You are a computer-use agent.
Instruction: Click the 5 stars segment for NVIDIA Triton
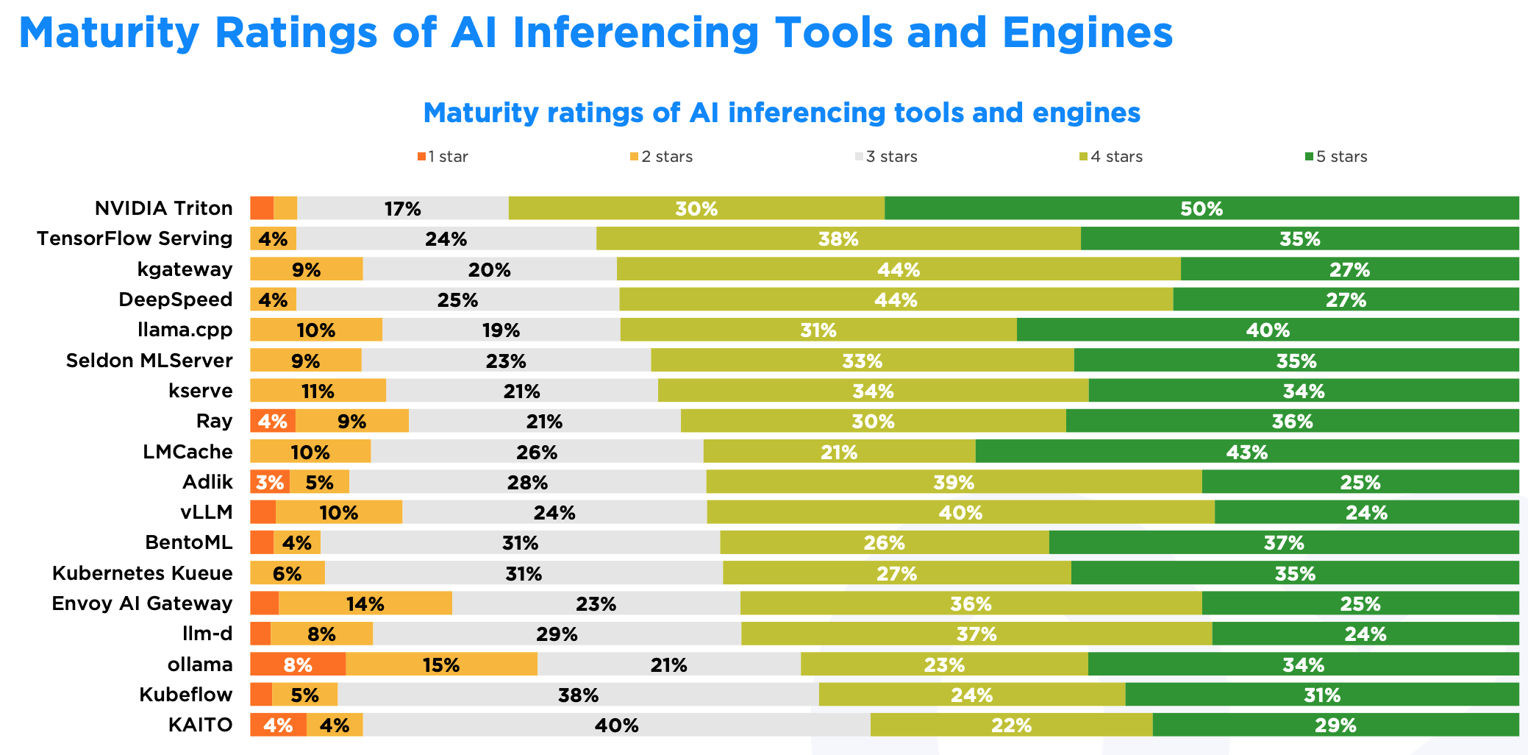(1202, 208)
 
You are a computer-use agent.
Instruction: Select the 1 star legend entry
(443, 157)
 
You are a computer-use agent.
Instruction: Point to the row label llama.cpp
(185, 330)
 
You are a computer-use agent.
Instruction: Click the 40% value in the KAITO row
(616, 725)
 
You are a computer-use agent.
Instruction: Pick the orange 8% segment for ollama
(298, 664)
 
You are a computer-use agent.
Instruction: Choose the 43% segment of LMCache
(1247, 452)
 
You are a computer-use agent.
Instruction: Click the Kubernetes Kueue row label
(143, 573)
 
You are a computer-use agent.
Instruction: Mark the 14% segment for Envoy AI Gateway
(365, 603)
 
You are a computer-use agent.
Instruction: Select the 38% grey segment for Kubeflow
(578, 695)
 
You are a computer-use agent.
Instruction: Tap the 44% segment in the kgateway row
(899, 269)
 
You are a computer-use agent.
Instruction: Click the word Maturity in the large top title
(109, 33)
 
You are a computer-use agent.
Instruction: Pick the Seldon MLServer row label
(149, 361)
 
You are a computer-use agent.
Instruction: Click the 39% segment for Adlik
(954, 482)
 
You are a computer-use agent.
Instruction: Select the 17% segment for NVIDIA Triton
(402, 208)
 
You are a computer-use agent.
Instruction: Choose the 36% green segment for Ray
(1292, 421)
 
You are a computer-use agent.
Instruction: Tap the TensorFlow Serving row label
(135, 238)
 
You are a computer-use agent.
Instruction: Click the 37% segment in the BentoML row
(1284, 542)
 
